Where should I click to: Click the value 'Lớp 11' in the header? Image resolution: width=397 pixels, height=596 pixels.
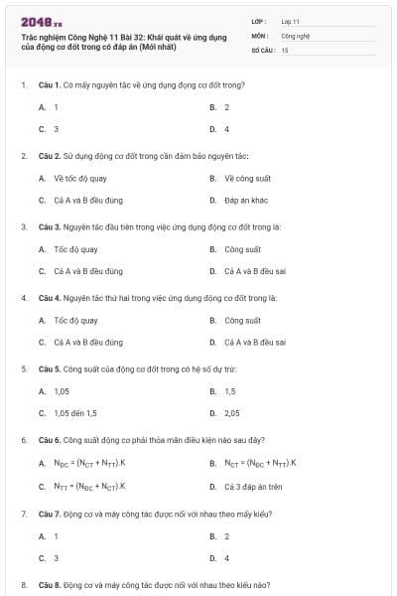(290, 20)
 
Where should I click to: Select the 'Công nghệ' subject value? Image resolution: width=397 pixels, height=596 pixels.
(296, 34)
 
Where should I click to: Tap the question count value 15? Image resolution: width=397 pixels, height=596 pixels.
(285, 49)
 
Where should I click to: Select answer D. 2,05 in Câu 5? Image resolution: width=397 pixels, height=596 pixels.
(231, 413)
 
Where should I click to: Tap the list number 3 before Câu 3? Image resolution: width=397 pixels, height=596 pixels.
(23, 226)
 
